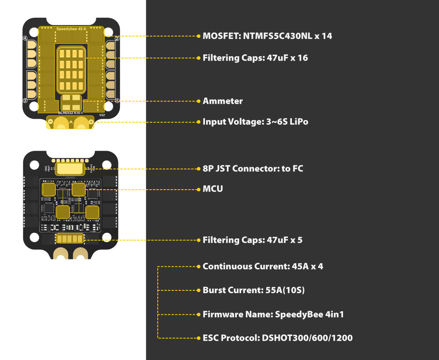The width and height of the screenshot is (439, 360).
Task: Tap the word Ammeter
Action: pyautogui.click(x=223, y=101)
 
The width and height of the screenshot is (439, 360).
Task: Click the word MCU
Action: pyautogui.click(x=213, y=189)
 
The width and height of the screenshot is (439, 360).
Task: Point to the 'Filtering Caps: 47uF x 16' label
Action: pyautogui.click(x=255, y=58)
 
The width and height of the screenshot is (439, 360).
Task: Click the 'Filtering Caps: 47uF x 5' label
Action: pyautogui.click(x=252, y=240)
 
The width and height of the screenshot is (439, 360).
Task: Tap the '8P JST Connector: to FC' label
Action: pyautogui.click(x=253, y=169)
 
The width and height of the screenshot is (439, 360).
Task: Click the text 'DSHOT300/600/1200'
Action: pyautogui.click(x=307, y=338)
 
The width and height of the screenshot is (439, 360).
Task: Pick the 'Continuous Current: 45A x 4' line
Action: pyautogui.click(x=262, y=267)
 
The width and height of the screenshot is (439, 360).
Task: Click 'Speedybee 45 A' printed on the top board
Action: pyautogui.click(x=71, y=29)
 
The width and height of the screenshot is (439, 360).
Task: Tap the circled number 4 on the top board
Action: pyautogui.click(x=25, y=39)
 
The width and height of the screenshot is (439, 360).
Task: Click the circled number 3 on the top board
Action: pyautogui.click(x=25, y=101)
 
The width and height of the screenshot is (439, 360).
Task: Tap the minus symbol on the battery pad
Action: pyautogui.click(x=51, y=122)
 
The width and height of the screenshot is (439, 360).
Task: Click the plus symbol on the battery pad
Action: pyautogui.click(x=91, y=122)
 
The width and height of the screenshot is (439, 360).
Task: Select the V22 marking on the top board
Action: pyautogui.click(x=102, y=115)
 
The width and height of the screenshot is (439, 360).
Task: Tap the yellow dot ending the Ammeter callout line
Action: pyautogui.click(x=199, y=101)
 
